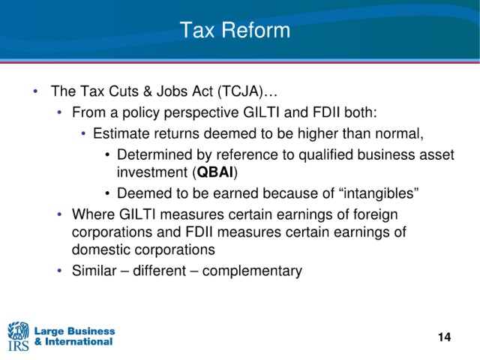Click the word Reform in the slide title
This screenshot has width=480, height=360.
(256, 30)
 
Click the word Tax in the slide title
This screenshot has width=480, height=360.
(197, 30)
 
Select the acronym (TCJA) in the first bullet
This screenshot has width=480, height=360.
(241, 91)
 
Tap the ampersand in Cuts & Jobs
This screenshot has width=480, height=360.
(148, 91)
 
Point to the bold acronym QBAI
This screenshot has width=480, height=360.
(215, 172)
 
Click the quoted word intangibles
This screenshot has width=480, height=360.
(379, 193)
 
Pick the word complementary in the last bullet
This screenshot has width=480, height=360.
(252, 271)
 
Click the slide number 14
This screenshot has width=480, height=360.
(444, 337)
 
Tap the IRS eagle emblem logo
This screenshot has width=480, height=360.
(18, 330)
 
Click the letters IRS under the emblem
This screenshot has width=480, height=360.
(18, 346)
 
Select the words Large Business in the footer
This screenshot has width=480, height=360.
(74, 331)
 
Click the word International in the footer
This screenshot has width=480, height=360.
(79, 342)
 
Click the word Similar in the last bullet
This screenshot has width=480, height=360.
(94, 271)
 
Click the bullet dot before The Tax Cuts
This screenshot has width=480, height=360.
(35, 91)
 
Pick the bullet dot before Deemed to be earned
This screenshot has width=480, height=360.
(107, 193)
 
